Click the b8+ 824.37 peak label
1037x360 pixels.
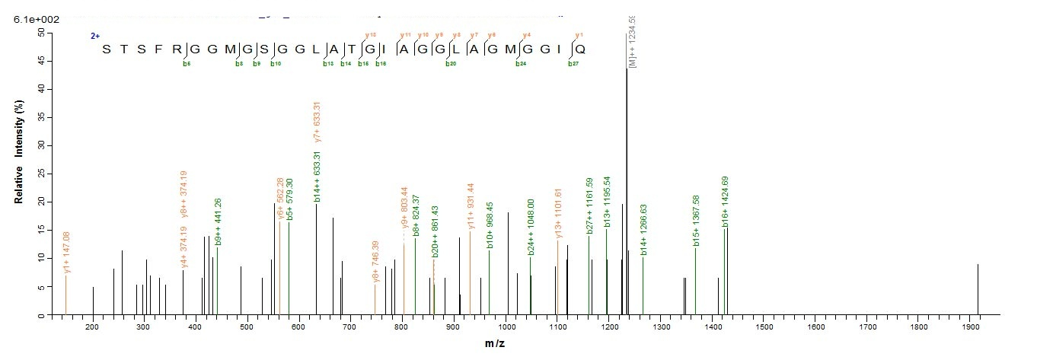pyautogui.click(x=416, y=215)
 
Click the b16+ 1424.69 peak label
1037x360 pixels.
pyautogui.click(x=726, y=199)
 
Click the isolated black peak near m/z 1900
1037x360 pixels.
pyautogui.click(x=978, y=289)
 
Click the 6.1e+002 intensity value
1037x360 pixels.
pyautogui.click(x=32, y=18)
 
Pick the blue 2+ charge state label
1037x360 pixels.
pyautogui.click(x=95, y=36)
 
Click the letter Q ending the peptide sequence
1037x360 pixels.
pyautogui.click(x=580, y=49)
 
